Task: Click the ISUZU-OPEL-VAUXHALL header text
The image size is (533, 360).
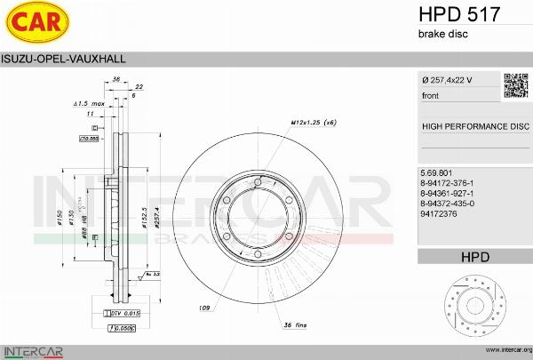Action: (63, 59)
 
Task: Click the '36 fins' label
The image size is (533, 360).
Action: (296, 327)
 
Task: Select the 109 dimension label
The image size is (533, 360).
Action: (205, 308)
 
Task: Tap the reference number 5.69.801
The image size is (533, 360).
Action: (437, 172)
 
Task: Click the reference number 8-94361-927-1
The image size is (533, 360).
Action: (452, 193)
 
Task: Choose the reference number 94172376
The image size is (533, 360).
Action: (441, 214)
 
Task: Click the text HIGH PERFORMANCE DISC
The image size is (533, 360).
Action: (474, 127)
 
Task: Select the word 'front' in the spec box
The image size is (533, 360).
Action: (430, 95)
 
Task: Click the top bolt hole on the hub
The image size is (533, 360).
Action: (258, 184)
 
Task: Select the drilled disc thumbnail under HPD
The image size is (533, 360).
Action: (474, 305)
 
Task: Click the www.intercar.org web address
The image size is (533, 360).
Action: (502, 349)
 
